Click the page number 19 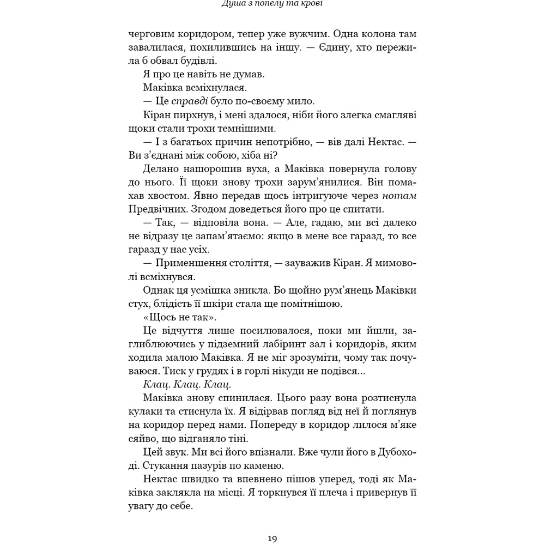point(273,539)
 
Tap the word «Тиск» point(155,371)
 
